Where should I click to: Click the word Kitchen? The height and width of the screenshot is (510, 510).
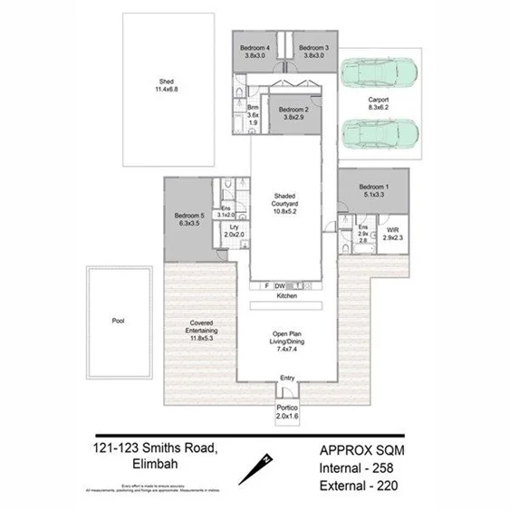pos(287,296)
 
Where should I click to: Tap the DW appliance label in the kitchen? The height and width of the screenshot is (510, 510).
pos(280,285)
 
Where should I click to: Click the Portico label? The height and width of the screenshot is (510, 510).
pos(288,412)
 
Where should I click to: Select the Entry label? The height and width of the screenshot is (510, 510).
pos(287,378)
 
